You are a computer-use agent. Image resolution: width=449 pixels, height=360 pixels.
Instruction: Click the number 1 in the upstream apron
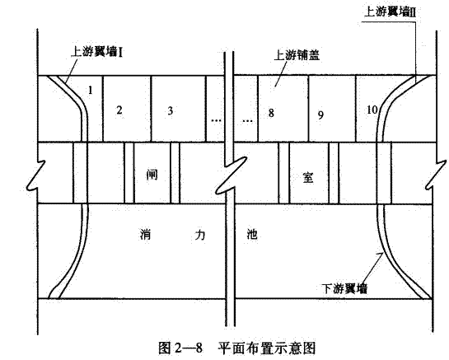pos(91,91)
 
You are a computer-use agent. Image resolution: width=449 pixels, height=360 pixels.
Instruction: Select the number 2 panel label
pos(119,110)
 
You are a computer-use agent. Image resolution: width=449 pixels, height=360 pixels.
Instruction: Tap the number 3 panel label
pos(171,110)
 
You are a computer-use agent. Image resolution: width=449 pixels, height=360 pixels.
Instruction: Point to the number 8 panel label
pos(271,113)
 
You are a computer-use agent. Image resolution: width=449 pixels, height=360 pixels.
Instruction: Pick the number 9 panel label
pos(320,115)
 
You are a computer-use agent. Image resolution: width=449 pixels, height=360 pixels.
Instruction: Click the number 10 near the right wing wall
pos(372,110)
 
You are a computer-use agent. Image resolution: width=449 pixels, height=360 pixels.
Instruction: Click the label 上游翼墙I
pos(96,53)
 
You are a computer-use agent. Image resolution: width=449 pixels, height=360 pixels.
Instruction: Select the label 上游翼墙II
pos(390,12)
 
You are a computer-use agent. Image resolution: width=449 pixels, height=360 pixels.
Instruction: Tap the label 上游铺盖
pos(297,55)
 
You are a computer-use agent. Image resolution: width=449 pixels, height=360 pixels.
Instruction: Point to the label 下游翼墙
pos(344,288)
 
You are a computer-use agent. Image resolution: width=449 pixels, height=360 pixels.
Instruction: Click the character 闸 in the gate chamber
pos(152,174)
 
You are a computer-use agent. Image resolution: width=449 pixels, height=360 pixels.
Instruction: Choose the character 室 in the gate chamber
pos(308,177)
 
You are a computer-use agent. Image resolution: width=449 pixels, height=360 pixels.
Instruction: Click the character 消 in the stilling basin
pos(146,235)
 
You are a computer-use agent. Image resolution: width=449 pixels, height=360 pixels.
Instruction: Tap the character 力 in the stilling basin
pos(199,235)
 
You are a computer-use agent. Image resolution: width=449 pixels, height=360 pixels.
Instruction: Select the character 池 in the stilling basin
pos(252,234)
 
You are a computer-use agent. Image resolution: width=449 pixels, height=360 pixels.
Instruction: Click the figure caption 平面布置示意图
pos(267,348)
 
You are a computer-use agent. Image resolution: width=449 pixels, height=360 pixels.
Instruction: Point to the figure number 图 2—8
pos(180,348)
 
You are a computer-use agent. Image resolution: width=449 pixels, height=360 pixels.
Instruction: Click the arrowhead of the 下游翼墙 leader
pos(381,255)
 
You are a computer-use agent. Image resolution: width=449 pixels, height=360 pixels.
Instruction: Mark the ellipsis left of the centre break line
pos(216,120)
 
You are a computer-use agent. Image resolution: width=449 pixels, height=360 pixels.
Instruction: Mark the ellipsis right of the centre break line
pos(248,121)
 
